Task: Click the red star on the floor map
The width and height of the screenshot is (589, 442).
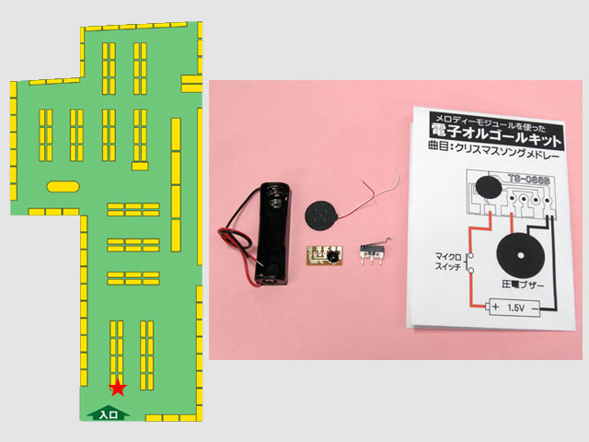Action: tap(118, 388)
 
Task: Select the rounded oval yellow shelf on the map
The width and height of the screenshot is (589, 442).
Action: tap(63, 186)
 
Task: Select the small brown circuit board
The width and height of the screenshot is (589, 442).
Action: tap(325, 257)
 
